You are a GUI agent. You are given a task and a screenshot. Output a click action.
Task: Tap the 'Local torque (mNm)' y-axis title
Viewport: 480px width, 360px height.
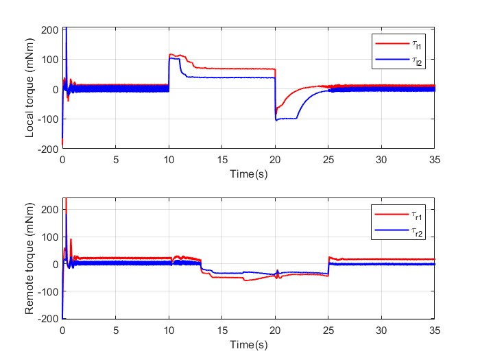[x=31, y=88]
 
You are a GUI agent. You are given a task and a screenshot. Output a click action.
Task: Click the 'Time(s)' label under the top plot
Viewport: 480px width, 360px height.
[x=248, y=175]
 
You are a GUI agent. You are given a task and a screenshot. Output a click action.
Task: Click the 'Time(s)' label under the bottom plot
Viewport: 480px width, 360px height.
[x=248, y=343]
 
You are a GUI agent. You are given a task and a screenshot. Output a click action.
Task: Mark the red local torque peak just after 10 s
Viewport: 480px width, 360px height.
[x=172, y=55]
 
